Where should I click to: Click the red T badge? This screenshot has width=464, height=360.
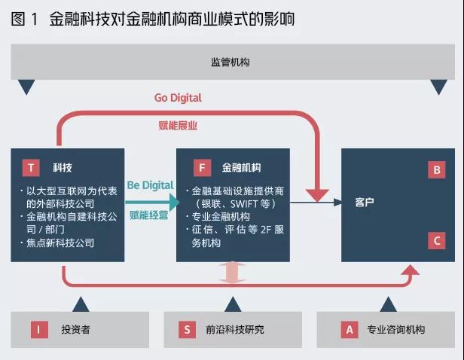click(x=31, y=168)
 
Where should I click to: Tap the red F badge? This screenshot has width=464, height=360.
click(x=202, y=168)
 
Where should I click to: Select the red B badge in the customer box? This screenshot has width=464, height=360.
click(x=436, y=170)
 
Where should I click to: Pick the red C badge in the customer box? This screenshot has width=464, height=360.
click(x=436, y=240)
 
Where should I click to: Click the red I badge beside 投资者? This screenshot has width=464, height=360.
click(x=39, y=330)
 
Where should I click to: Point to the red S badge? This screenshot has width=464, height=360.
click(x=187, y=330)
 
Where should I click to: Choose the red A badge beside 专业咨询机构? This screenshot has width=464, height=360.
click(x=350, y=330)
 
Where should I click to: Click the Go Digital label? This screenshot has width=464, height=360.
click(x=178, y=98)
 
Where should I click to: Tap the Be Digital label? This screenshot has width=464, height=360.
click(x=150, y=185)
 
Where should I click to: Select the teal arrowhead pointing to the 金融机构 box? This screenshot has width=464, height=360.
click(x=174, y=203)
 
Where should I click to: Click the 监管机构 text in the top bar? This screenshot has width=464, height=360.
click(x=230, y=62)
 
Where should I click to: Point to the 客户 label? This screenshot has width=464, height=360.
click(x=365, y=203)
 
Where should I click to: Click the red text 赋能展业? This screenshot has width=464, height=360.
click(x=178, y=126)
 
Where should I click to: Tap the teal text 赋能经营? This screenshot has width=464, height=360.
click(x=149, y=215)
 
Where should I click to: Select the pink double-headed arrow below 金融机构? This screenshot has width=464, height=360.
click(x=232, y=272)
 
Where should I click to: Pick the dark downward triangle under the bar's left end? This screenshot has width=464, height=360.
click(x=26, y=86)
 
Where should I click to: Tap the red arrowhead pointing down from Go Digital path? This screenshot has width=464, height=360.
click(x=317, y=196)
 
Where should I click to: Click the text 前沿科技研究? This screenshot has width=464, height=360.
click(x=235, y=330)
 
